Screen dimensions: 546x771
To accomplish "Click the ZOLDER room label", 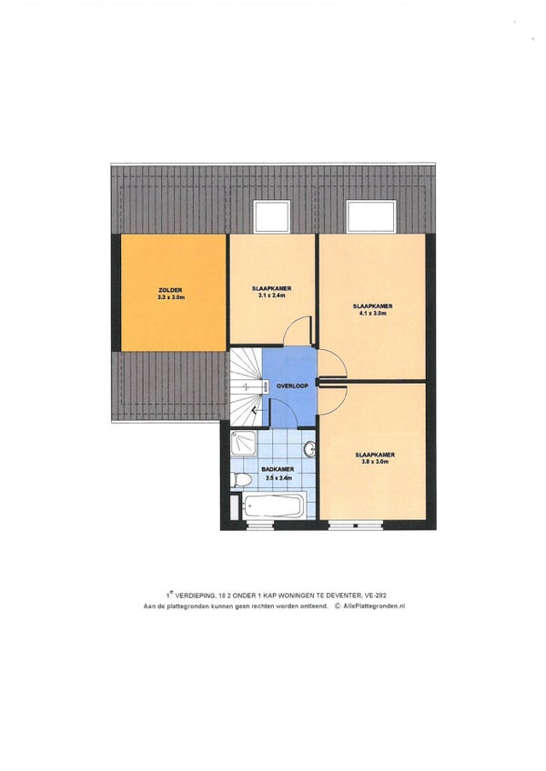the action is (170, 290).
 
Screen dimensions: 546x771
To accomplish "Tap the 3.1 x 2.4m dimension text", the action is (272, 295).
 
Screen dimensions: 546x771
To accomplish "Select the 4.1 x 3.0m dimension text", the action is (373, 313).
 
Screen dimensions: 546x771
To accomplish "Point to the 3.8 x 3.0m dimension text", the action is (375, 462).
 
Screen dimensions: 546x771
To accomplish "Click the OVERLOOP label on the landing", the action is (292, 386).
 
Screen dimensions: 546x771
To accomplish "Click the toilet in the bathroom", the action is (242, 479).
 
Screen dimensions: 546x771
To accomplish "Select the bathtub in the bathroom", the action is (273, 506).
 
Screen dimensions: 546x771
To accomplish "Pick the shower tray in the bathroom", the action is (244, 444).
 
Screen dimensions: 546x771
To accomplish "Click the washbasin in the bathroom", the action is (310, 449).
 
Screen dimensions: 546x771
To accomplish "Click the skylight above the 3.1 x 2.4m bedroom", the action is (271, 216).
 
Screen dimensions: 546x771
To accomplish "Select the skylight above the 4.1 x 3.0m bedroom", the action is (371, 216).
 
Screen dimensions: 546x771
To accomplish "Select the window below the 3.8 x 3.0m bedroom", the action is (355, 526).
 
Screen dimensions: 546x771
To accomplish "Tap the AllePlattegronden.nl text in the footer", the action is (374, 606).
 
